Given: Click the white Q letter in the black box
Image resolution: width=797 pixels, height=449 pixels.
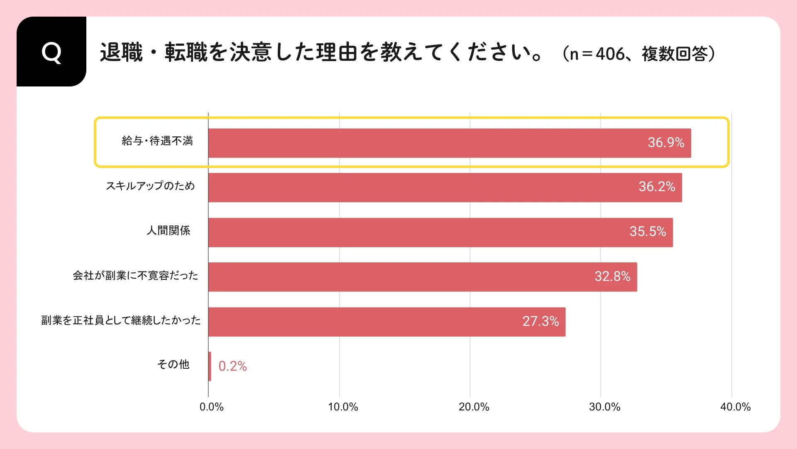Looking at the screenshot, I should [x=51, y=53].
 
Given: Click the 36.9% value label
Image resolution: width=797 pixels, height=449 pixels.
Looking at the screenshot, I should [x=666, y=143].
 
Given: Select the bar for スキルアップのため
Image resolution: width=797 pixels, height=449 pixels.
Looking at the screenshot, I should [x=444, y=187].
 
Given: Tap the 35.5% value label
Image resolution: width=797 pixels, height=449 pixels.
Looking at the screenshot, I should [x=648, y=232].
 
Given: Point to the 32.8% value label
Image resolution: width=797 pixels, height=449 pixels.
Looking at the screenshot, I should [x=612, y=276].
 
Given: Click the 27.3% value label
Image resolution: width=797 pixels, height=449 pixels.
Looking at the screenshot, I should [x=540, y=321].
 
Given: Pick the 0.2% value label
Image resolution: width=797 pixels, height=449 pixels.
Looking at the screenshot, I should [x=232, y=366].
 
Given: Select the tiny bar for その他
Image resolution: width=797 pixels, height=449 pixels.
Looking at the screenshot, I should [x=210, y=366].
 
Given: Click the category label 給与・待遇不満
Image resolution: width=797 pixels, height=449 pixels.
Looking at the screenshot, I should [x=157, y=141].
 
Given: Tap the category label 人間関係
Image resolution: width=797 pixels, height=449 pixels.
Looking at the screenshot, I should [x=169, y=231].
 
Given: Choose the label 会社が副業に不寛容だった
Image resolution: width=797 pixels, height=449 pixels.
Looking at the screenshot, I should [x=135, y=276].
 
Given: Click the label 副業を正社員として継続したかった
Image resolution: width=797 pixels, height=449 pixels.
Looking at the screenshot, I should [x=121, y=320].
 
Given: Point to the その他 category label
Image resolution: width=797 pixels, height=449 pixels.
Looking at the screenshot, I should [x=173, y=365].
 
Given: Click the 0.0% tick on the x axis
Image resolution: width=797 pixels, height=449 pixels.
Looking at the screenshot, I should [x=211, y=407].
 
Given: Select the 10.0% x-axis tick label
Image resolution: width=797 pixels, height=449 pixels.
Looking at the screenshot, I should [x=343, y=407].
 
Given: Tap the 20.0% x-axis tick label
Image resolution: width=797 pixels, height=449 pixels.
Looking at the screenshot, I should [x=474, y=407].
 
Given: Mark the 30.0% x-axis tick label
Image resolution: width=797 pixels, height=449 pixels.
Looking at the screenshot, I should [x=604, y=407].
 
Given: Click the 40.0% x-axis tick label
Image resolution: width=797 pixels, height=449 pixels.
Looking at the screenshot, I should [x=735, y=407].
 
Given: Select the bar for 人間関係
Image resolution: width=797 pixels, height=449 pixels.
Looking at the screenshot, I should [x=440, y=232].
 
